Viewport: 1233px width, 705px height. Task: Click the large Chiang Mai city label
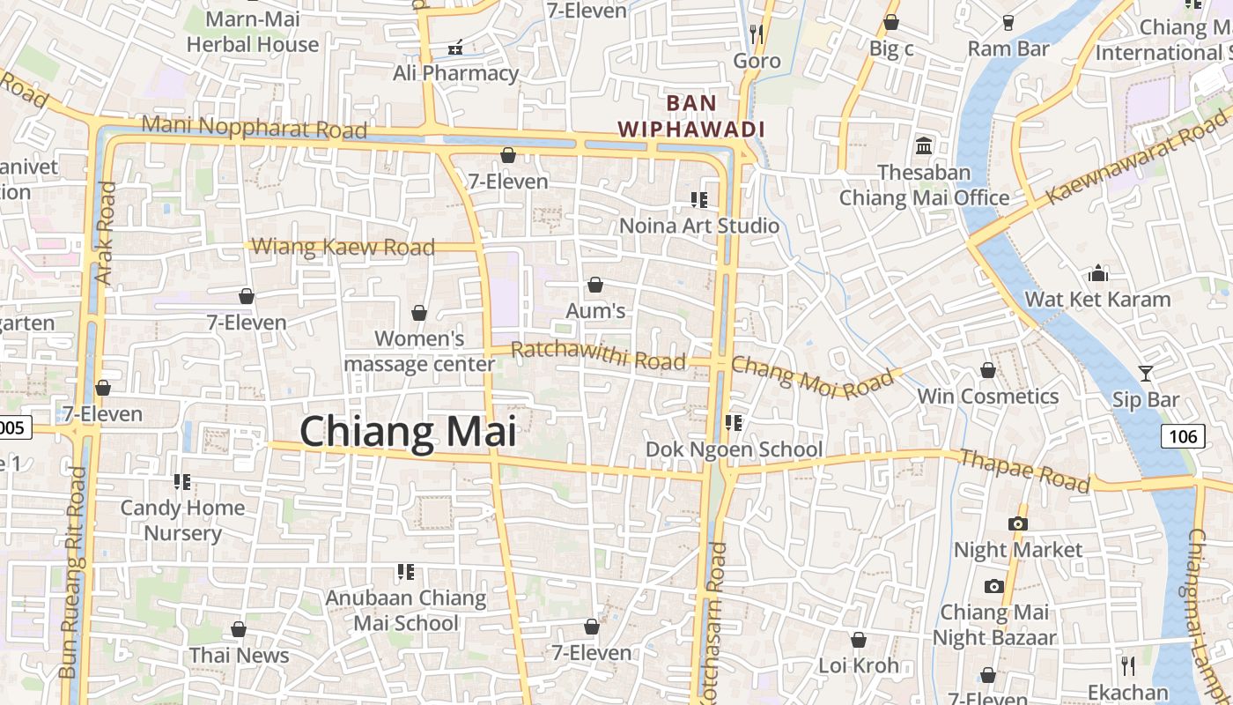click(408, 432)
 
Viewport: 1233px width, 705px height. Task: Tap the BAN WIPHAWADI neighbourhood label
click(690, 116)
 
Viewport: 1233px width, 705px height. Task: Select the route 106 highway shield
click(1182, 435)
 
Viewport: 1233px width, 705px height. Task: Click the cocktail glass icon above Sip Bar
click(1145, 374)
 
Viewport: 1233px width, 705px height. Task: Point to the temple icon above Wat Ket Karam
click(1097, 273)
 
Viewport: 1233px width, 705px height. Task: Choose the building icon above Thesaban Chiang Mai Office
click(924, 145)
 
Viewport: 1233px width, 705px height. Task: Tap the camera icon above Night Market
click(1017, 523)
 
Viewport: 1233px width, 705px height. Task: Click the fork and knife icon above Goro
click(756, 34)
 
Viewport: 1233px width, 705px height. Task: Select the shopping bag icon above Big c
click(891, 22)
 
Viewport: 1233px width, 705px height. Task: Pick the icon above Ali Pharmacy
click(455, 47)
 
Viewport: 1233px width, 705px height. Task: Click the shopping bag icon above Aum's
click(595, 285)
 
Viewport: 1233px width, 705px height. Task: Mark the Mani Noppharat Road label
click(254, 127)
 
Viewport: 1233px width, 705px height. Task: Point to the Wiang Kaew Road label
click(343, 247)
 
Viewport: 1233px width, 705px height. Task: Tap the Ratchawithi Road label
click(598, 356)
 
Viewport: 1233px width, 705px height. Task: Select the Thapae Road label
click(1024, 471)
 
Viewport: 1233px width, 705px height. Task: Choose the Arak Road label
click(105, 233)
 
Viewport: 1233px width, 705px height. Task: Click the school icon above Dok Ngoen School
click(733, 423)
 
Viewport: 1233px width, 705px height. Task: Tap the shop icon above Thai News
click(238, 629)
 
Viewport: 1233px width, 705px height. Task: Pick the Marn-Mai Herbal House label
click(253, 32)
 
